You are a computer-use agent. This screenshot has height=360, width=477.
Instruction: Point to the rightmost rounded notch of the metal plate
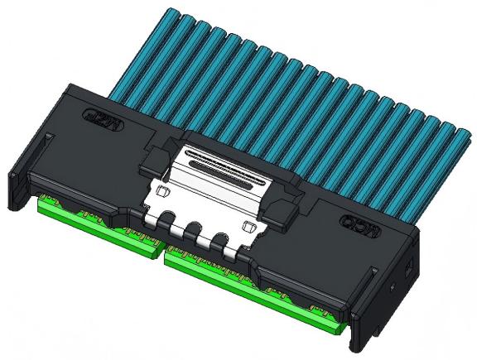[219, 242]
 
